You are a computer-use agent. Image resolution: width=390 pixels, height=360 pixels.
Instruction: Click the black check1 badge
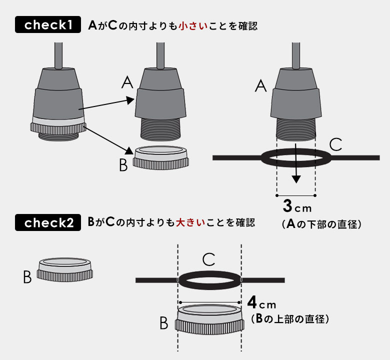click(48, 25)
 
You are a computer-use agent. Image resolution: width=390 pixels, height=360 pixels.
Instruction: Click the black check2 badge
click(48, 222)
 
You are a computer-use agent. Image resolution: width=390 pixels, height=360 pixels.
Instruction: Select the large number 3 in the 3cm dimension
click(287, 206)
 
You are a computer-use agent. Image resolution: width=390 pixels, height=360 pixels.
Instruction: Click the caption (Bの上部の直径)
click(289, 318)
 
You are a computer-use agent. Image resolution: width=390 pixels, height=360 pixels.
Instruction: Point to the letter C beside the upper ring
click(336, 145)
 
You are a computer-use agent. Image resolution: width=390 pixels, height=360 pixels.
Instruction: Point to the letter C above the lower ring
click(209, 259)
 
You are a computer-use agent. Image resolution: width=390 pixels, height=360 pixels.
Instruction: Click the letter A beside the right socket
click(260, 86)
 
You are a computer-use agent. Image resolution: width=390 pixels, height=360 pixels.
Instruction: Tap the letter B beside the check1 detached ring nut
click(123, 165)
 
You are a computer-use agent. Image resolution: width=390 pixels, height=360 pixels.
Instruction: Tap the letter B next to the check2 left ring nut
click(27, 277)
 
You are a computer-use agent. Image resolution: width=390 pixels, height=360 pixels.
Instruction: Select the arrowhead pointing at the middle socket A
click(131, 100)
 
